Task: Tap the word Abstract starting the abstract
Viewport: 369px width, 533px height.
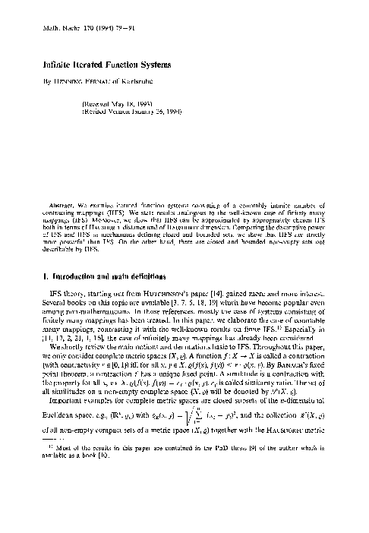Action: point(55,205)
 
